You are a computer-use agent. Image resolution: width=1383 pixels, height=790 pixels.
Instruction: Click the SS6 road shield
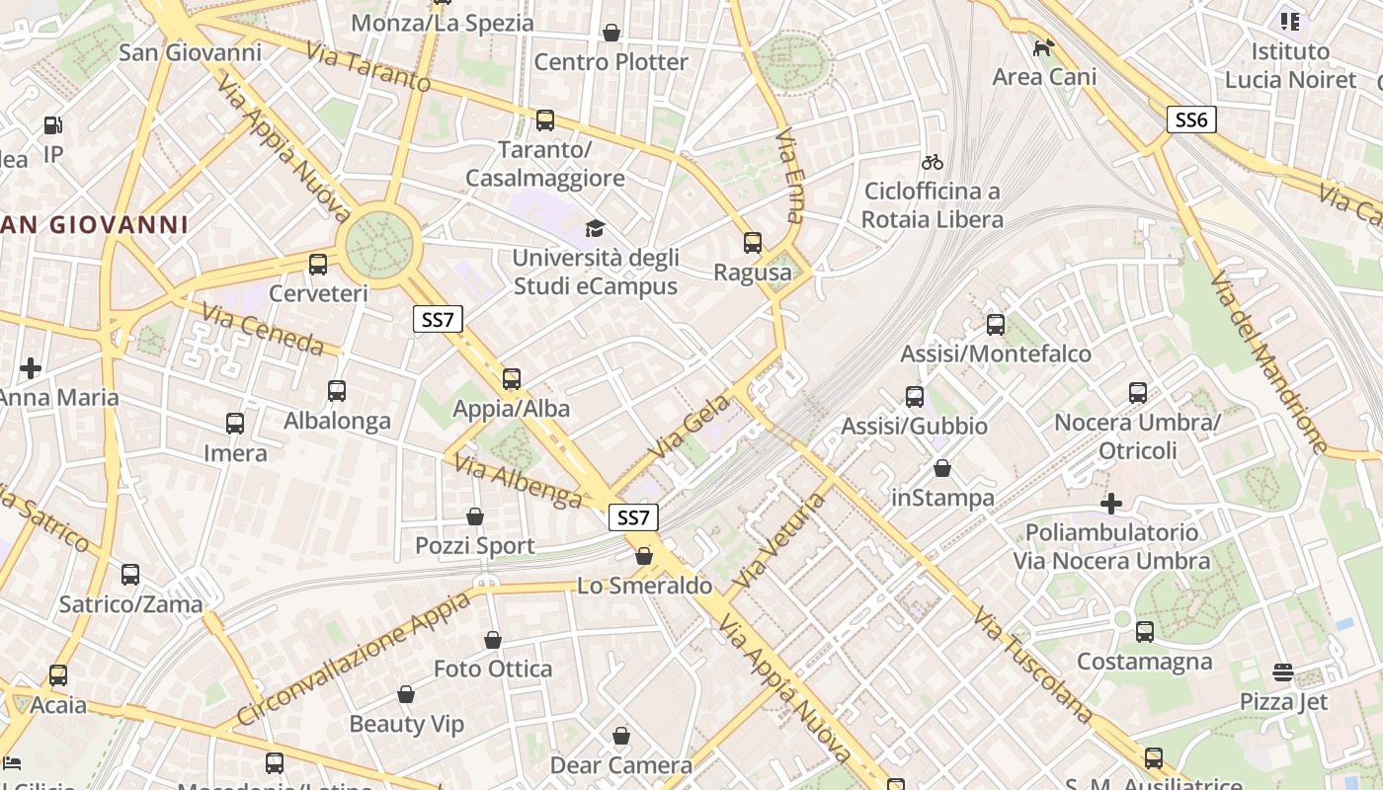coord(1191,120)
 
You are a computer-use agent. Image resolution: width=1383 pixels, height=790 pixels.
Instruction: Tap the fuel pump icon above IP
coord(53,125)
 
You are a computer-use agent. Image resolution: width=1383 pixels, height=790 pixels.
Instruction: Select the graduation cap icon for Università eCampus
coord(595,229)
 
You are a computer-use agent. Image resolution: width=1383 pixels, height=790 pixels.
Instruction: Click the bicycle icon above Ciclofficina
coord(932,162)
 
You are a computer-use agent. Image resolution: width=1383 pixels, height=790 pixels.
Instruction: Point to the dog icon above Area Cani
coord(1043,47)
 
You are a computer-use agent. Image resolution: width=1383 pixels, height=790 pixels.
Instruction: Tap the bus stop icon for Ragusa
coord(753,243)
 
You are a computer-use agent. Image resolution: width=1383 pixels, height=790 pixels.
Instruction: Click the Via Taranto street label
coord(367,67)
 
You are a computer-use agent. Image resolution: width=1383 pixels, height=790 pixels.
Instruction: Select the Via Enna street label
coord(790,176)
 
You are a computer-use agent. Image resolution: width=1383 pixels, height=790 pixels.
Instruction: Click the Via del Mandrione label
coord(1268,361)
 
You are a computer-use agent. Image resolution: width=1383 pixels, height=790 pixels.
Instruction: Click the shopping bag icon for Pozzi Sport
coord(475,516)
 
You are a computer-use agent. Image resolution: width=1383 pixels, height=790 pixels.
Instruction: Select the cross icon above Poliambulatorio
coord(1111,504)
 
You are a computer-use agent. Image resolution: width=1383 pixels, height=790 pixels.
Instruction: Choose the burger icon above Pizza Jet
coord(1282,673)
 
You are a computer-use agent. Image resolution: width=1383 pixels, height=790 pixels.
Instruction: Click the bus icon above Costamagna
coord(1145,632)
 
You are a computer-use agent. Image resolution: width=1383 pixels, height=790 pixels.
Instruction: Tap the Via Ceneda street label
coord(263,330)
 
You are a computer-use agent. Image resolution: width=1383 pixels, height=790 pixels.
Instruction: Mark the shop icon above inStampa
coord(942,468)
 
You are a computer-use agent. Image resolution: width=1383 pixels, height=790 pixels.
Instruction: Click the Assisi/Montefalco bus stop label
coord(996,354)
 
